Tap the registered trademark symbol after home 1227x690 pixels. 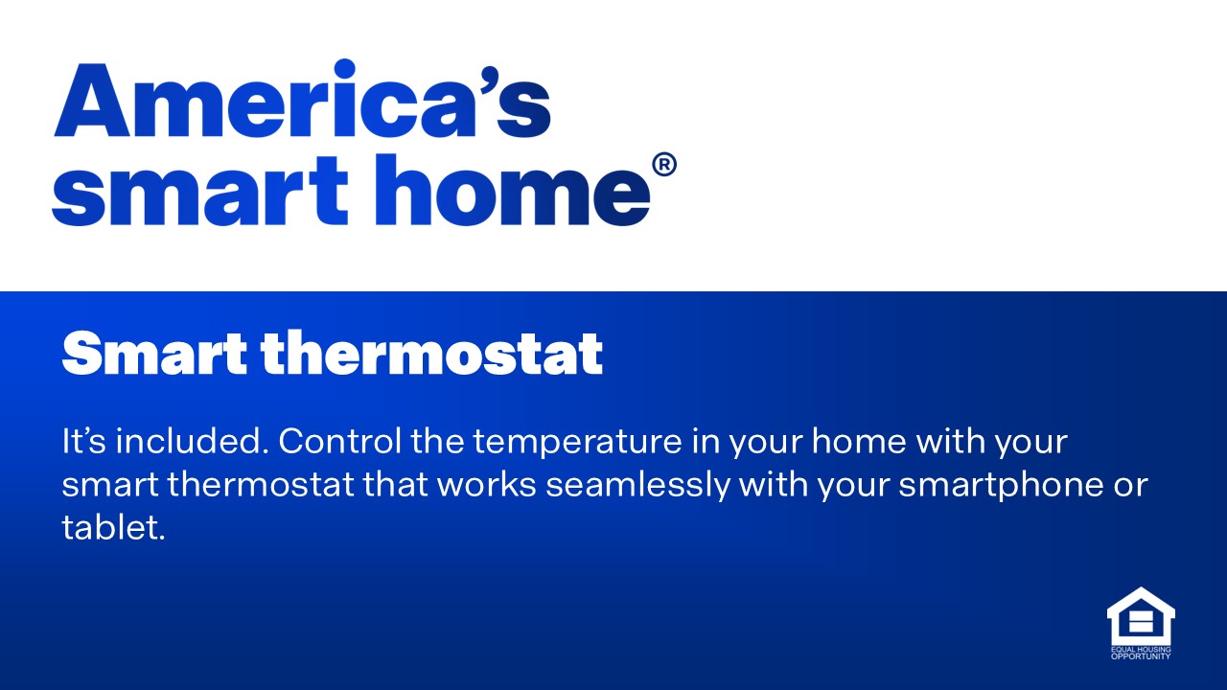coord(663,166)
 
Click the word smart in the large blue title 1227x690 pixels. coord(199,192)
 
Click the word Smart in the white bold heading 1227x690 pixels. coord(153,355)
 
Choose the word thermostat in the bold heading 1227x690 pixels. coord(431,355)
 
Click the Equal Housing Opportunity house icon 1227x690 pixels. coord(1140,616)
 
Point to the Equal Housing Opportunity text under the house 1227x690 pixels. coord(1140,654)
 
